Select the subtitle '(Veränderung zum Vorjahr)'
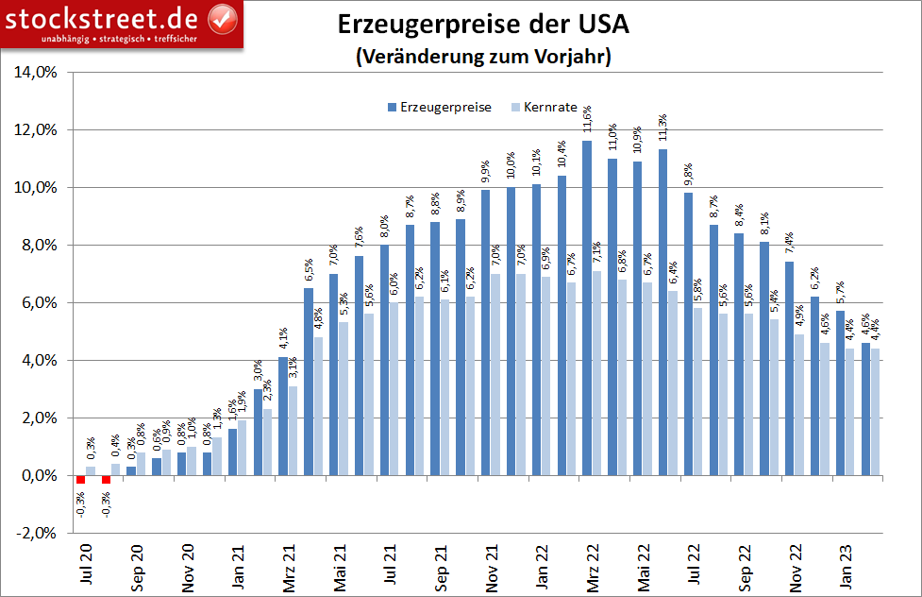coord(483,57)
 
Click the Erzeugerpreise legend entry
coord(438,107)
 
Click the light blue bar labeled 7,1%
coord(596,373)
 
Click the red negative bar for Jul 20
coord(81,480)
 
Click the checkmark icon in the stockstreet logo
coord(222,18)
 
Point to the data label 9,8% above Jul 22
coord(689,177)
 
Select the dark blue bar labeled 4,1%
coord(283,416)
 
